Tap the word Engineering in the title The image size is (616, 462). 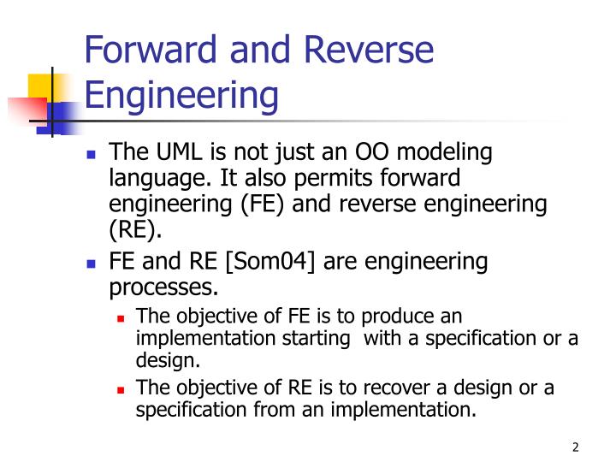click(182, 95)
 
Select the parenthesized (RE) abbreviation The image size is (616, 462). click(135, 229)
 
